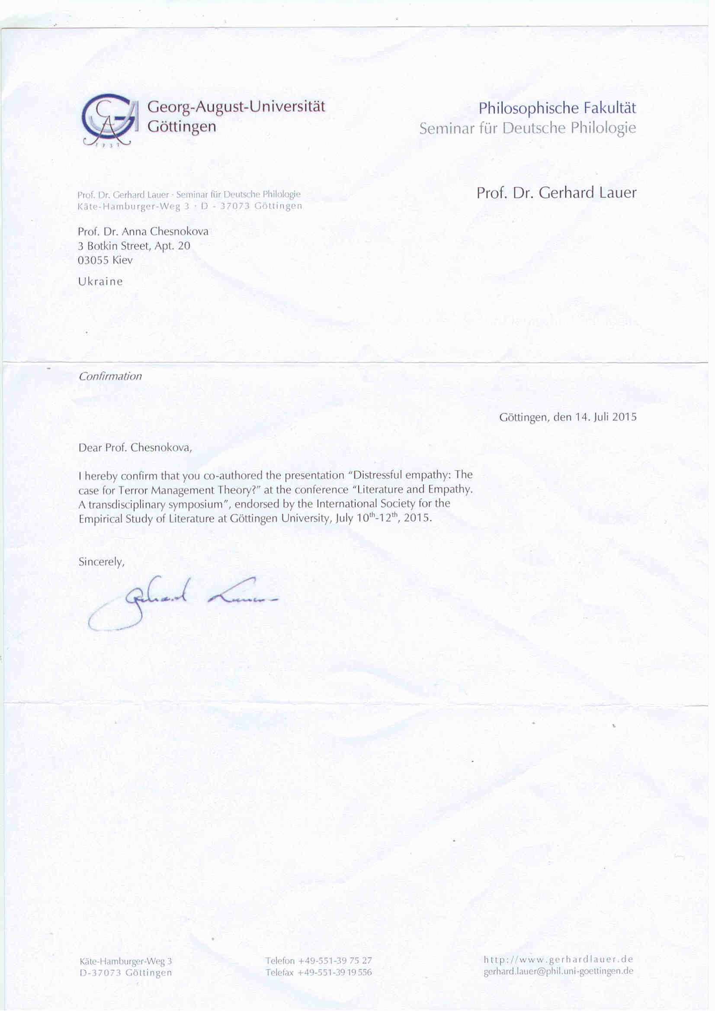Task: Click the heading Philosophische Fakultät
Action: point(558,108)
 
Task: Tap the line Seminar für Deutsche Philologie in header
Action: point(527,128)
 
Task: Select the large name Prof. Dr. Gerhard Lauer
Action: point(556,193)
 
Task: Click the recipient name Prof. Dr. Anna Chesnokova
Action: point(143,231)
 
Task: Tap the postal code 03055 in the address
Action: point(93,260)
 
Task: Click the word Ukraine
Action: point(100,281)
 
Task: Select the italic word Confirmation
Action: point(110,376)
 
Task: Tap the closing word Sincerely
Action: point(101,562)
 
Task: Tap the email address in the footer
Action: point(558,971)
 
